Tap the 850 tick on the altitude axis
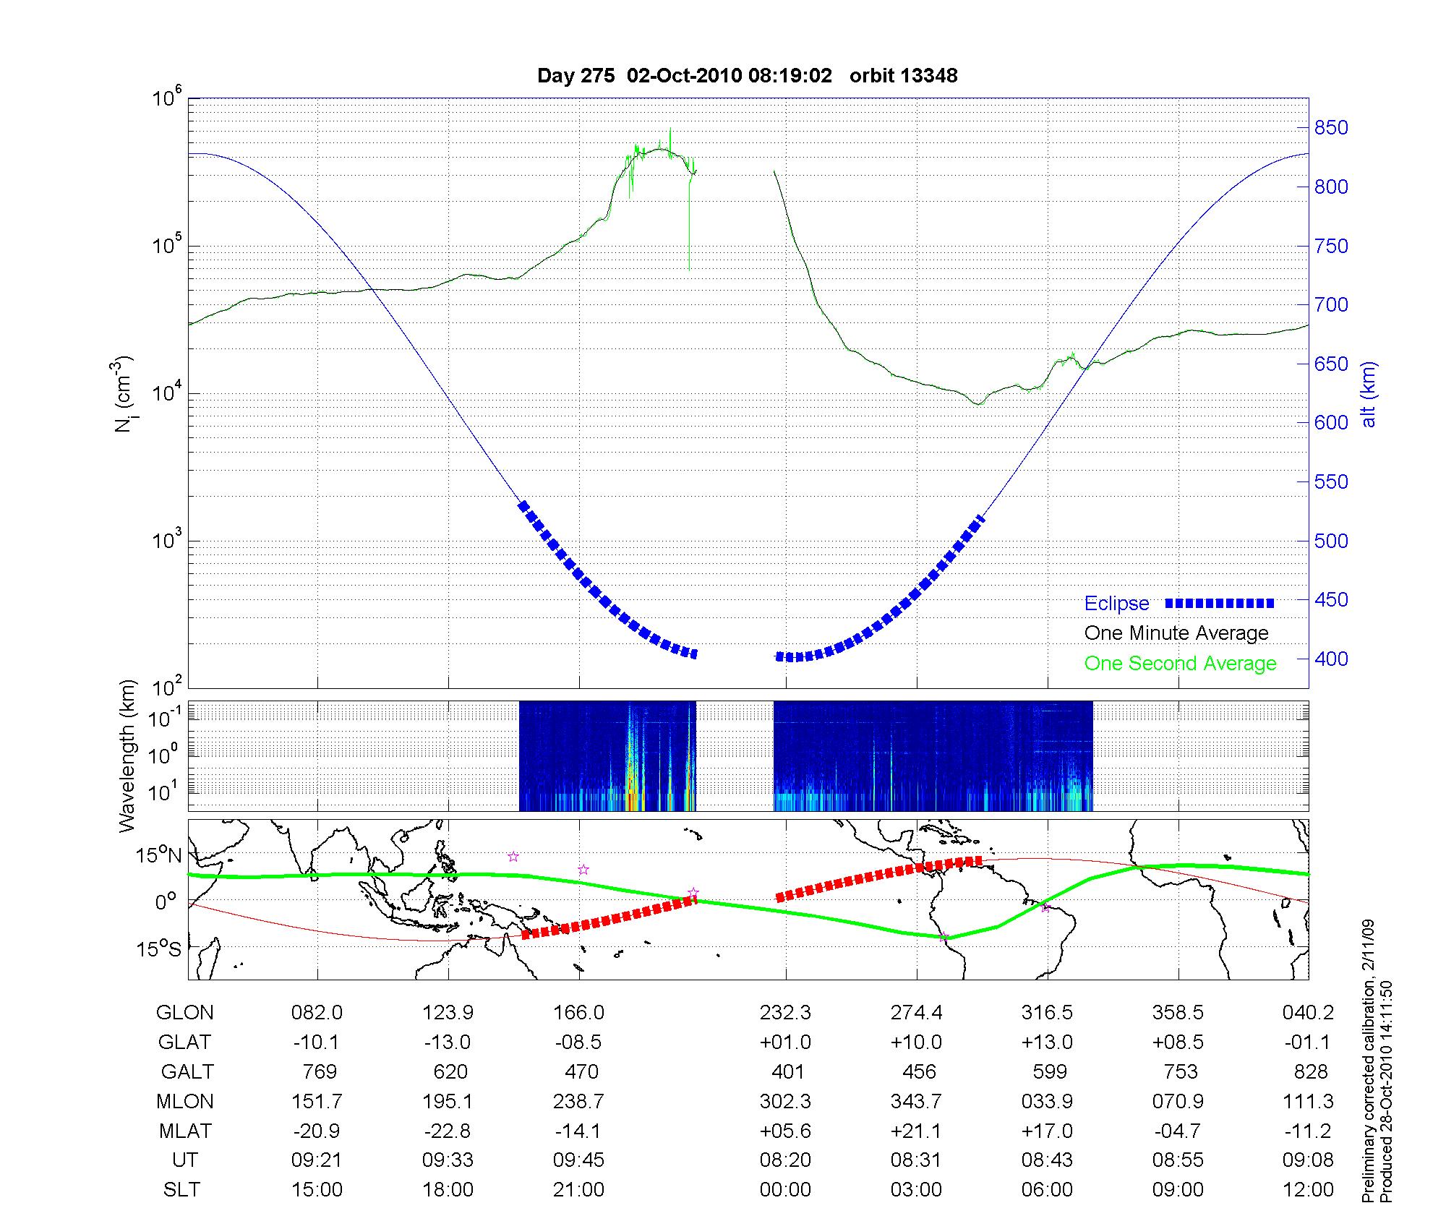click(1330, 128)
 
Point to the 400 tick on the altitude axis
click(1330, 659)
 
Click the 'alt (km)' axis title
click(1369, 394)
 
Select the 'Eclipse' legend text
click(1116, 603)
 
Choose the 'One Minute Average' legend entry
click(1176, 633)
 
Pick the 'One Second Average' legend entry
click(1180, 663)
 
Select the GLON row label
click(184, 1012)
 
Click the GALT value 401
click(787, 1071)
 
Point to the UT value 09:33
click(448, 1160)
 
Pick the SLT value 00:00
click(785, 1189)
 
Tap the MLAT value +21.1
click(916, 1131)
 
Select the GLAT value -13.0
click(448, 1042)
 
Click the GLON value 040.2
click(1308, 1012)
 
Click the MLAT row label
click(185, 1131)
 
